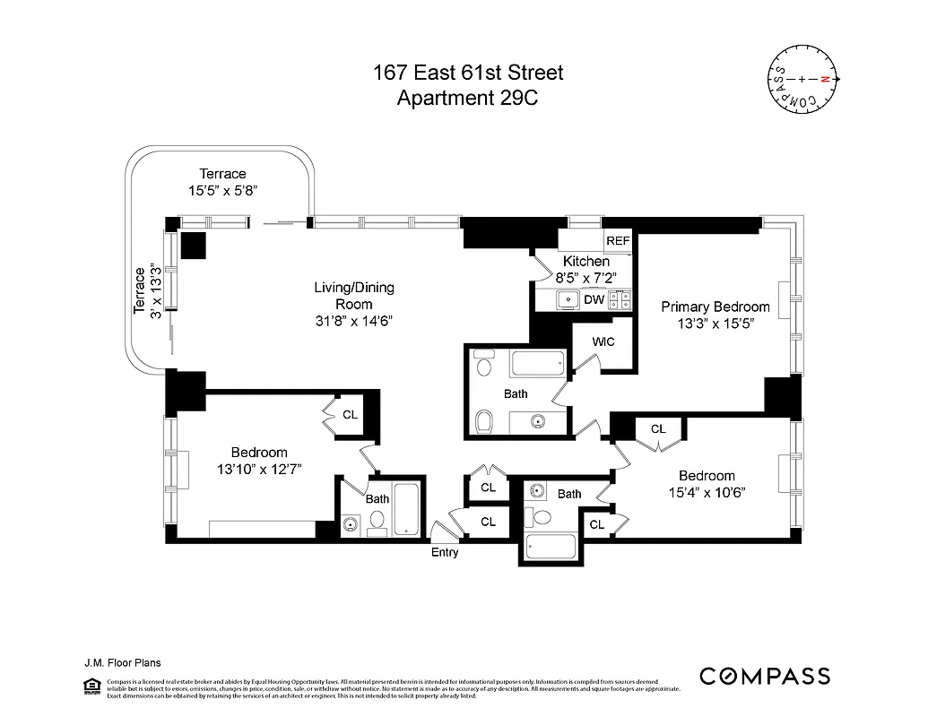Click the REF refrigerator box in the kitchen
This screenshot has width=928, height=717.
[618, 241]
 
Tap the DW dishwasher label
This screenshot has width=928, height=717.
[594, 300]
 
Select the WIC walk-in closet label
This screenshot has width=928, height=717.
[603, 341]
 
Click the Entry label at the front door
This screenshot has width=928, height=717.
[445, 552]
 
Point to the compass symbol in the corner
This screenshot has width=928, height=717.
[804, 80]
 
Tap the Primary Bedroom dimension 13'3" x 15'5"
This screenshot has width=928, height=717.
[716, 324]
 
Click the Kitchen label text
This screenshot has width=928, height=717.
[586, 261]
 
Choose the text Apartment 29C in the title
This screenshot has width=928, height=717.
[467, 98]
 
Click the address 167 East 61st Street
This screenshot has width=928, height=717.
[468, 73]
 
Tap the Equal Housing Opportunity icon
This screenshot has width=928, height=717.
[91, 687]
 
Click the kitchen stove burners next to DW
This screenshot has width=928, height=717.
[620, 300]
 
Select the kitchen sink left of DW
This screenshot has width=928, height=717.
[567, 300]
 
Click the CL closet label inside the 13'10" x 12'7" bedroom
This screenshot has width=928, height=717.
[350, 415]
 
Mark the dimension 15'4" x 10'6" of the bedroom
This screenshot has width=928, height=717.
[707, 492]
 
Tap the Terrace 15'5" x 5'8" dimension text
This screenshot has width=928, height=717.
[222, 190]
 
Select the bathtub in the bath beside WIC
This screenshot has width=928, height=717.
[537, 363]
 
